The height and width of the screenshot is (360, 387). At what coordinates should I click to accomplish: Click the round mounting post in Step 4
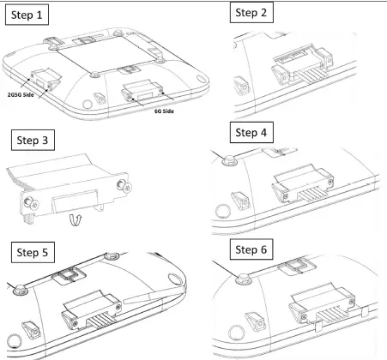(x=229, y=159)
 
